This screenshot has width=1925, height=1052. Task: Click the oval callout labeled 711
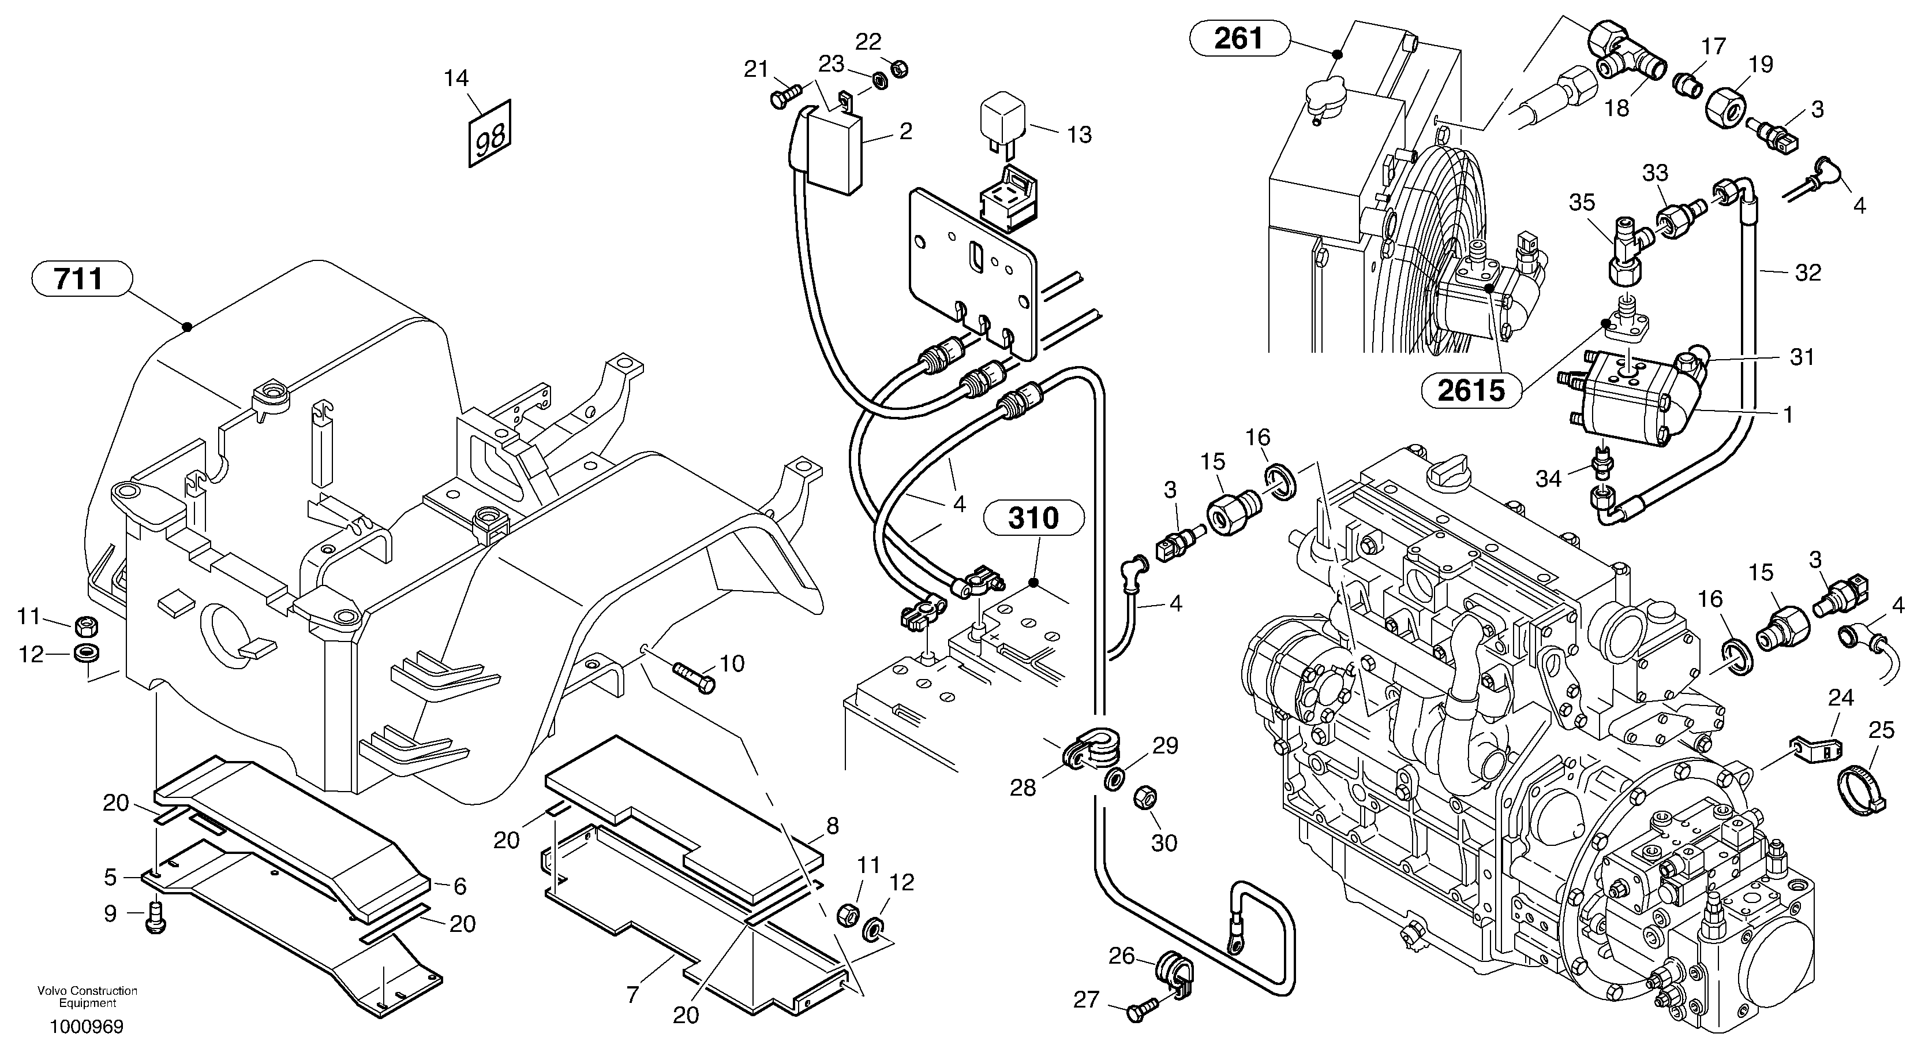click(x=81, y=279)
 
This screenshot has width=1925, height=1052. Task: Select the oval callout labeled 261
click(x=1239, y=38)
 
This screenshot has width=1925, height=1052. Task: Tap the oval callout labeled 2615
click(x=1471, y=390)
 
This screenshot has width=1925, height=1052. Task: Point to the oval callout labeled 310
click(x=1033, y=518)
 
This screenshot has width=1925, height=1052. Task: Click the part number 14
click(x=456, y=78)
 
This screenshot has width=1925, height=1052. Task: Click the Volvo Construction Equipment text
click(x=88, y=997)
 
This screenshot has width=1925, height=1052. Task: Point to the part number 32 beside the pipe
click(x=1808, y=273)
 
